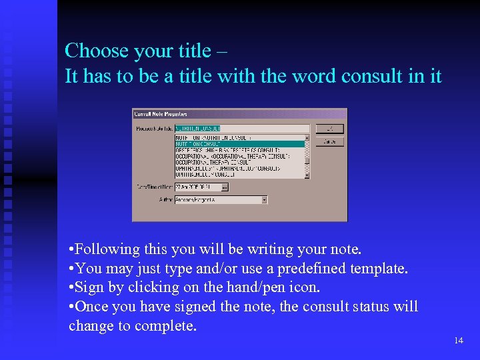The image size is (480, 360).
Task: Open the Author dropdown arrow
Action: point(265,199)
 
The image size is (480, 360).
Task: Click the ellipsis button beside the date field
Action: point(225,187)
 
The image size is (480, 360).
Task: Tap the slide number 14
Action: point(458,341)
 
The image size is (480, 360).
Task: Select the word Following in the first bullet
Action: point(104,250)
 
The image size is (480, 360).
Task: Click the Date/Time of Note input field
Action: point(197,187)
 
